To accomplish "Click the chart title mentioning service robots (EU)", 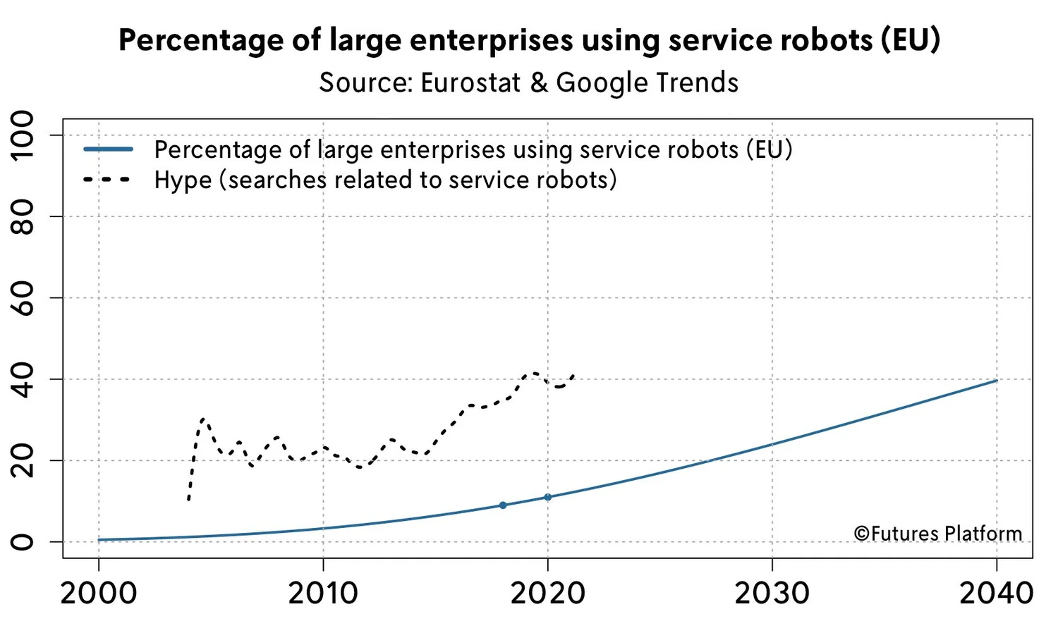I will tap(529, 40).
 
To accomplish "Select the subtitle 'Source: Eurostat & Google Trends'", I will tap(529, 82).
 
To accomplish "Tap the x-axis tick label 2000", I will tap(99, 593).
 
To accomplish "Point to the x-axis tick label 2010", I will tap(323, 593).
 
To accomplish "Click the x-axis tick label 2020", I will tap(547, 593).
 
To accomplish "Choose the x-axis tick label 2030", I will tap(772, 593).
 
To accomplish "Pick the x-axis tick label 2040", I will tap(997, 593).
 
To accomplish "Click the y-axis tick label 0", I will tap(23, 541).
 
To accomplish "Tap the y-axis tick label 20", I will tap(23, 460).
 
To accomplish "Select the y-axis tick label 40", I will tap(23, 379).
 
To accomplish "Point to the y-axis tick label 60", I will tap(23, 297).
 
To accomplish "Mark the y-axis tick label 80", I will tap(23, 216).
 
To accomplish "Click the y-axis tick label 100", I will tap(23, 135).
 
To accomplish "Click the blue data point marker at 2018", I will tap(503, 505).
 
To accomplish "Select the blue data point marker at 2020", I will tap(547, 497).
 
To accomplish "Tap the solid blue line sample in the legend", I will tap(108, 149).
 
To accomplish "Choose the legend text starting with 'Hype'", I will tap(385, 180).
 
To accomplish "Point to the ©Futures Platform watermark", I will tap(938, 534).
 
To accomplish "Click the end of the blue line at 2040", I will tap(996, 381).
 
